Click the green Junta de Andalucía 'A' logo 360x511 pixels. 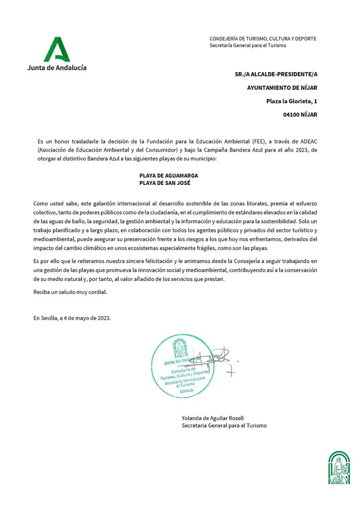pos(56,50)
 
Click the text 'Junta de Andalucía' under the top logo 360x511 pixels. pos(57,68)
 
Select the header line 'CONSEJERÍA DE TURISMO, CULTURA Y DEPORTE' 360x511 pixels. pos(262,39)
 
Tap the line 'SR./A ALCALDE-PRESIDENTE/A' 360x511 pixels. pos(276,74)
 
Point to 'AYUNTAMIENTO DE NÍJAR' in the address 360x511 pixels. pos(282,88)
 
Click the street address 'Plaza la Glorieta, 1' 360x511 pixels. pos(292,101)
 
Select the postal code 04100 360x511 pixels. pos(292,115)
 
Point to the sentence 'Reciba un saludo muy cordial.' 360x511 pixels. pos(70,292)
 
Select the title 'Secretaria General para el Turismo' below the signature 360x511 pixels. pos(224,425)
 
